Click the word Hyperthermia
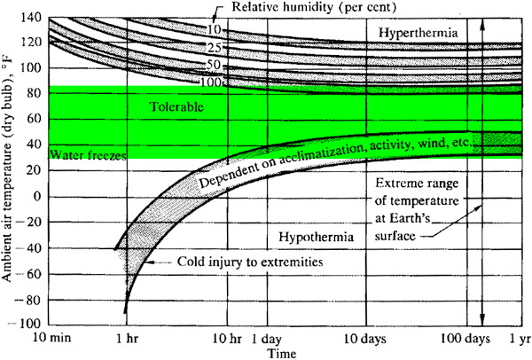click(418, 34)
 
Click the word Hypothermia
click(317, 237)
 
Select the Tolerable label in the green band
click(176, 107)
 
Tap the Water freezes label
click(88, 155)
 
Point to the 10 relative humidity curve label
click(214, 30)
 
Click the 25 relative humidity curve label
click(214, 48)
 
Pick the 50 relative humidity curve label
click(214, 65)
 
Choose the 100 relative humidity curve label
click(210, 82)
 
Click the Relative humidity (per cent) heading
click(314, 7)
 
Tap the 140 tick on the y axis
click(31, 17)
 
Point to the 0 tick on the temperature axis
click(37, 197)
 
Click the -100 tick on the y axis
click(27, 324)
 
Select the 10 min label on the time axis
click(52, 338)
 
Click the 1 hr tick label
click(128, 339)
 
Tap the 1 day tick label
click(267, 339)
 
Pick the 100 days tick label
click(465, 339)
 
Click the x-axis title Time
click(282, 353)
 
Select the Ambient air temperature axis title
click(7, 169)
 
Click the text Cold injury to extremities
click(250, 262)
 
